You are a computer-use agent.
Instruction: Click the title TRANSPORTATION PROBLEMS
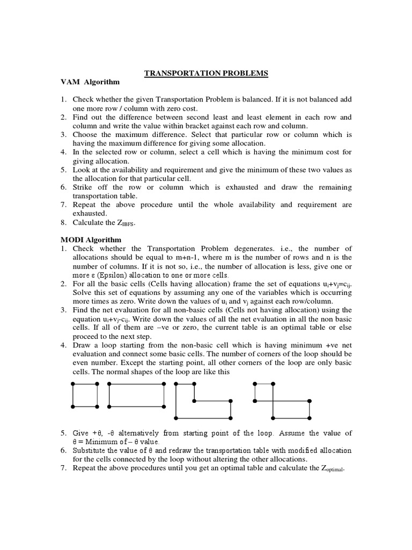(x=206, y=73)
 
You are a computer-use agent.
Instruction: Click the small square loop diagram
(x=85, y=395)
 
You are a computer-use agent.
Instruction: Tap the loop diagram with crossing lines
(x=282, y=401)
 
